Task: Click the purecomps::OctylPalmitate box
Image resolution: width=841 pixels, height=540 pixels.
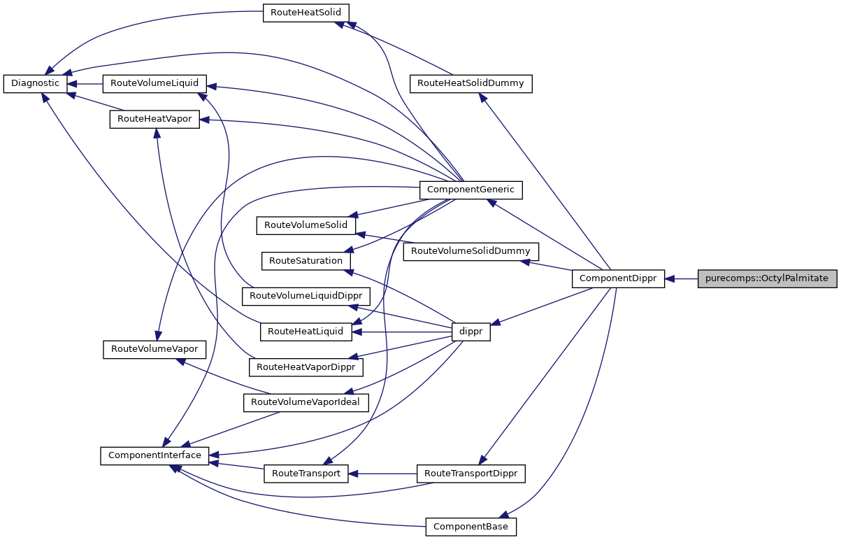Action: pos(767,278)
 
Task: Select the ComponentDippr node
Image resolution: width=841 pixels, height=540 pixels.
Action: pos(618,278)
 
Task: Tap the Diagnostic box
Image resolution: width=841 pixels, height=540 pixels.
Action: pos(35,83)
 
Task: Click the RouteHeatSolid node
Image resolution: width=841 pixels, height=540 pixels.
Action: pos(306,13)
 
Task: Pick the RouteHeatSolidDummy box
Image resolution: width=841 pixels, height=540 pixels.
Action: pos(470,83)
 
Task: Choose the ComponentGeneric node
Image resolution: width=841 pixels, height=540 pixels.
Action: pos(470,189)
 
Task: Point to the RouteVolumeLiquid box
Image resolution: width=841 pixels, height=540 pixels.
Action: pos(154,83)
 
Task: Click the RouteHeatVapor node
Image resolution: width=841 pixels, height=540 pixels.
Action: pos(154,119)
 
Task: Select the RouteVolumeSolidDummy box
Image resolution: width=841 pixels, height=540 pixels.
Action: pos(470,250)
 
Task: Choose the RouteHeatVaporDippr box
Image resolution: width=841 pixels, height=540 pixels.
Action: pos(306,367)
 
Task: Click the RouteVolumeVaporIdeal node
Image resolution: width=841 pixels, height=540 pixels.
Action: pos(306,402)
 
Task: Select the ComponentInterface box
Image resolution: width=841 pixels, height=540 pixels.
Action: pos(154,455)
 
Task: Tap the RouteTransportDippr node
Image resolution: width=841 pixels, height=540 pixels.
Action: pos(470,474)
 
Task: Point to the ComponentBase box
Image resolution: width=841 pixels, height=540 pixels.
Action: pos(470,526)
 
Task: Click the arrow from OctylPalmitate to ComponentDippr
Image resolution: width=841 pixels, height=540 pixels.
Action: pos(682,278)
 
